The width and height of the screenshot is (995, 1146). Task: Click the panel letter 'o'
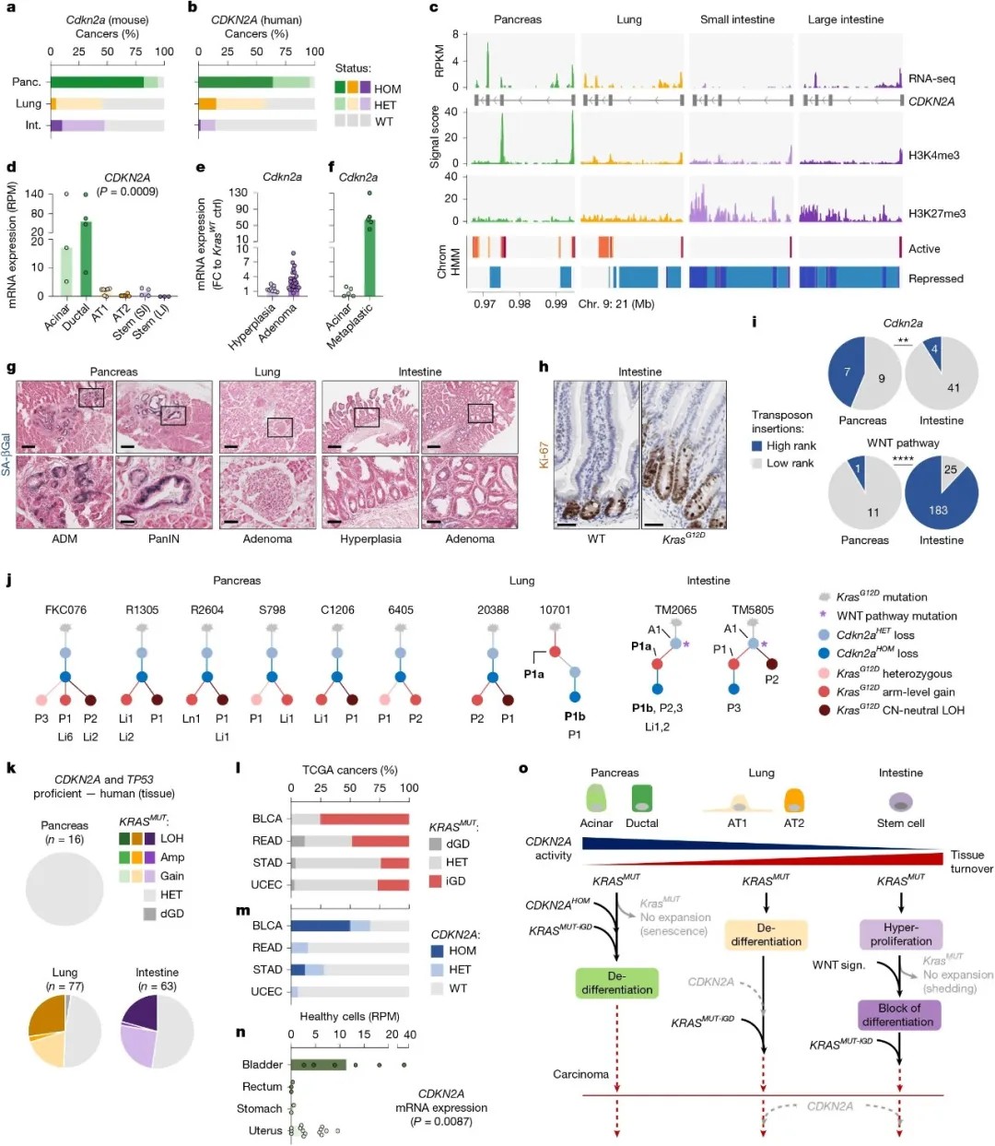coord(523,768)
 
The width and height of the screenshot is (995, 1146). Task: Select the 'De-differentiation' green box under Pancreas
coord(616,983)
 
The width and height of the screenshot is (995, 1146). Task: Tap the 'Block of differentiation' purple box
coord(897,1015)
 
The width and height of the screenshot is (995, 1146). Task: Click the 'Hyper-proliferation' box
coord(900,934)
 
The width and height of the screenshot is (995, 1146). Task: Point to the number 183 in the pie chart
coord(938,510)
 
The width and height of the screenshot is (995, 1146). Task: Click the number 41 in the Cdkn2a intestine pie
coord(953,387)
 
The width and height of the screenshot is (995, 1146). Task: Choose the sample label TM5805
coord(753,609)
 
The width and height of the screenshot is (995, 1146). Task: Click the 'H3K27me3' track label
coord(937,213)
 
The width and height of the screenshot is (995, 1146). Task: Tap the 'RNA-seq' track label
coord(931,79)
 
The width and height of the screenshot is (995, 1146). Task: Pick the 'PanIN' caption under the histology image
coord(164,538)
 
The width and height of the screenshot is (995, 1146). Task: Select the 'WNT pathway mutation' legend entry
coord(895,616)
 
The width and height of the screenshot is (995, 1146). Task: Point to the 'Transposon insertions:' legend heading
coord(782,421)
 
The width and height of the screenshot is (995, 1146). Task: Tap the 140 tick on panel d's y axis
coord(34,194)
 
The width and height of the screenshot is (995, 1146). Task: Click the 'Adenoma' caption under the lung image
coord(267,538)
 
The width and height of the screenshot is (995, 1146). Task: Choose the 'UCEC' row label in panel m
coord(266,991)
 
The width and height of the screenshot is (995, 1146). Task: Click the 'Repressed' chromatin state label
coord(935,278)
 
